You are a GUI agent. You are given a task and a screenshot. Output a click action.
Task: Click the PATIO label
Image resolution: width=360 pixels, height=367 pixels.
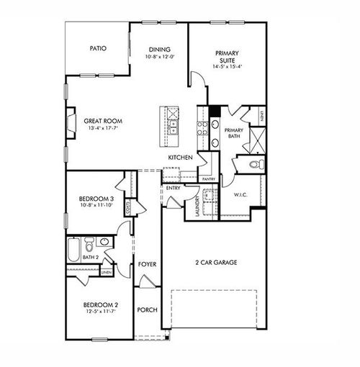click(x=98, y=48)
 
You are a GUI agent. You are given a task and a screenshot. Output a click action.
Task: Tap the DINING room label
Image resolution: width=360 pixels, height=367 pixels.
click(x=159, y=50)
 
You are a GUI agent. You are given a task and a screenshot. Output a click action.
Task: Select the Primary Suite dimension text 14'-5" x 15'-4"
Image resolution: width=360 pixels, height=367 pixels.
click(x=227, y=66)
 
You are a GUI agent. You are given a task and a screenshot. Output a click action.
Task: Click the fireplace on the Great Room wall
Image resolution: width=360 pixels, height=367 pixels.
click(x=70, y=122)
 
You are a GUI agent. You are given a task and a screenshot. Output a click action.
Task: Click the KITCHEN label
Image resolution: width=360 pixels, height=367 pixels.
click(x=179, y=157)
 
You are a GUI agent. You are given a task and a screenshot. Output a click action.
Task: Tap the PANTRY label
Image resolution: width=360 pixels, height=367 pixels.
click(x=209, y=178)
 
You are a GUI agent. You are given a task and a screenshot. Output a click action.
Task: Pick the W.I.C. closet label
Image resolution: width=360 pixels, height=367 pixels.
click(x=241, y=195)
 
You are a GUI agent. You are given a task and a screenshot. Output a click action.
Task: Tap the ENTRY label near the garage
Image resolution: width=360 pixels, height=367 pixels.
click(x=173, y=188)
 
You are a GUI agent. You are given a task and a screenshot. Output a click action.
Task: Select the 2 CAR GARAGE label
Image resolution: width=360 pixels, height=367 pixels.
click(x=213, y=263)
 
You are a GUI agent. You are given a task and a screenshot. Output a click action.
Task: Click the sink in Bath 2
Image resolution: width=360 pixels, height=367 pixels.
click(x=104, y=243)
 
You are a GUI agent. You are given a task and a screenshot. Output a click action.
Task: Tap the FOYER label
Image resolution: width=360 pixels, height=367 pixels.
click(x=148, y=264)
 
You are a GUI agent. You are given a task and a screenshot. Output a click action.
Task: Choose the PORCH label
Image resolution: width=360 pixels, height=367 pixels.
click(x=148, y=310)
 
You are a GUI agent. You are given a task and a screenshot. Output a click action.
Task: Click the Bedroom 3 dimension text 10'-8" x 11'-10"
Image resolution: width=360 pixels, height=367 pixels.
click(x=96, y=206)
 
